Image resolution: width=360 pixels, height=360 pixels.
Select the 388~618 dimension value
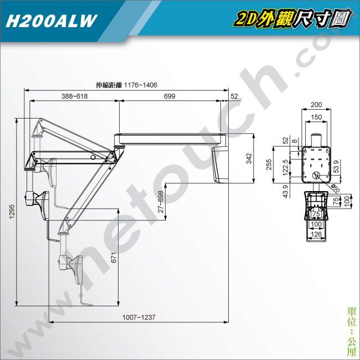coord(74,96)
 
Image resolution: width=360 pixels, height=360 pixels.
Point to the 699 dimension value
coord(169,96)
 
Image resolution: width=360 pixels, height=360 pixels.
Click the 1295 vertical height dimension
coord(12,212)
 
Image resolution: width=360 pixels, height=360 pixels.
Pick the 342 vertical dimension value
coord(249,158)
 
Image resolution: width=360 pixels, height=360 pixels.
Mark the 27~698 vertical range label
coord(161,202)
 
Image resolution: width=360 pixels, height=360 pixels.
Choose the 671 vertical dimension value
coord(114,258)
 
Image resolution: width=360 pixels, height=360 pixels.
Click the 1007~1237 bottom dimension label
coord(139,317)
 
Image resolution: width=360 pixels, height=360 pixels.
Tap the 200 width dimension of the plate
coord(316,105)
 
